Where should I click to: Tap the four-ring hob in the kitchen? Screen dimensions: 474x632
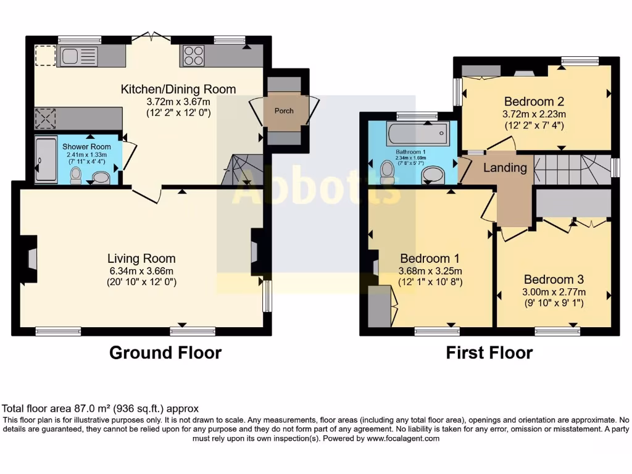[193, 57]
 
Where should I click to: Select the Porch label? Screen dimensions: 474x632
[284, 111]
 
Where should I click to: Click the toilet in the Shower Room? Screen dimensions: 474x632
[76, 175]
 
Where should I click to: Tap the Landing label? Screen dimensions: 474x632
[504, 167]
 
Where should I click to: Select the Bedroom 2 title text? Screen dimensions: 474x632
[534, 101]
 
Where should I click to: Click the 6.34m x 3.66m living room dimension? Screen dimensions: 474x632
[141, 271]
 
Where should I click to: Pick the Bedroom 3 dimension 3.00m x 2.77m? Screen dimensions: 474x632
[555, 291]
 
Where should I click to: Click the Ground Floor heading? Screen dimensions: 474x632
[165, 353]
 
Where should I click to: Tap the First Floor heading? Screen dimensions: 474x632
[489, 353]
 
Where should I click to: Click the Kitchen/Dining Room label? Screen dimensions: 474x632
[178, 89]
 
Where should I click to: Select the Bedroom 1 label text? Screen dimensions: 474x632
[430, 258]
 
